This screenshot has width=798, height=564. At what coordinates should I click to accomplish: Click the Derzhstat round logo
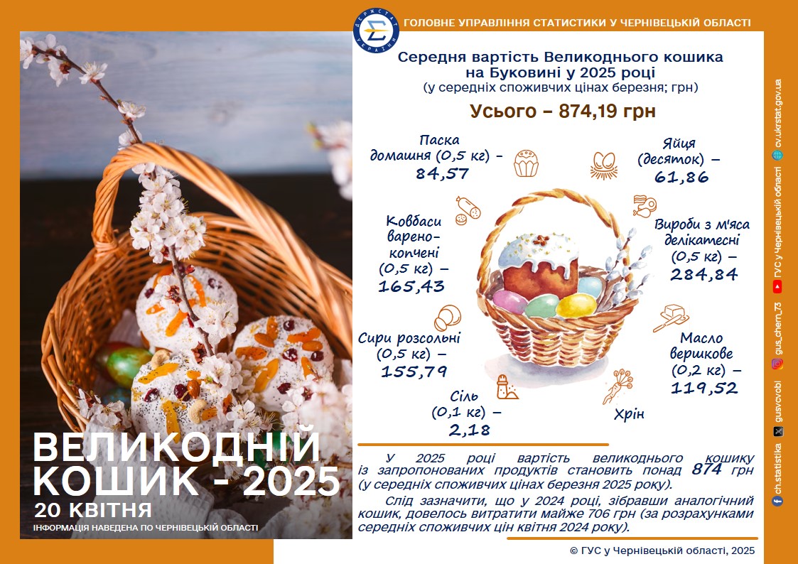(376, 31)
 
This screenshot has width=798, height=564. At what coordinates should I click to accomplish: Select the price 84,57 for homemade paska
(442, 174)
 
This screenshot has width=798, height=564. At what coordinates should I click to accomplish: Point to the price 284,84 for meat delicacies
(704, 275)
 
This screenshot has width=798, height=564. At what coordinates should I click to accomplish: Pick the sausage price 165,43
(411, 286)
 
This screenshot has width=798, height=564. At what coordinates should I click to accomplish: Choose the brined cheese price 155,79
(414, 372)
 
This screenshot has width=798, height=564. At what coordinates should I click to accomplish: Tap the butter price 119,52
(704, 389)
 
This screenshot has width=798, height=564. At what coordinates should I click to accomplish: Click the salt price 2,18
(469, 430)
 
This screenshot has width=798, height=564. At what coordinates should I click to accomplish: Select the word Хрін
(629, 414)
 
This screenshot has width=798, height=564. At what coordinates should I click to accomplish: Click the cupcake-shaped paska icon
(526, 163)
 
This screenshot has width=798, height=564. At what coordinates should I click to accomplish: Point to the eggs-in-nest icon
(604, 166)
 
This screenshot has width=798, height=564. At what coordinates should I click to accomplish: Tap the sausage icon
(468, 210)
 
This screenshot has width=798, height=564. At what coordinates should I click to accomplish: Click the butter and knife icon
(672, 318)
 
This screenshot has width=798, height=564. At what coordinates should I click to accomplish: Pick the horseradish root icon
(618, 386)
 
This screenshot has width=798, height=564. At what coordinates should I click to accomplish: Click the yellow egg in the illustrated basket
(576, 306)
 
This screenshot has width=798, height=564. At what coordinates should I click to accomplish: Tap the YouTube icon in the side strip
(777, 288)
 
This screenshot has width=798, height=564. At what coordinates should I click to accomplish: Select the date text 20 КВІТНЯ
(93, 509)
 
